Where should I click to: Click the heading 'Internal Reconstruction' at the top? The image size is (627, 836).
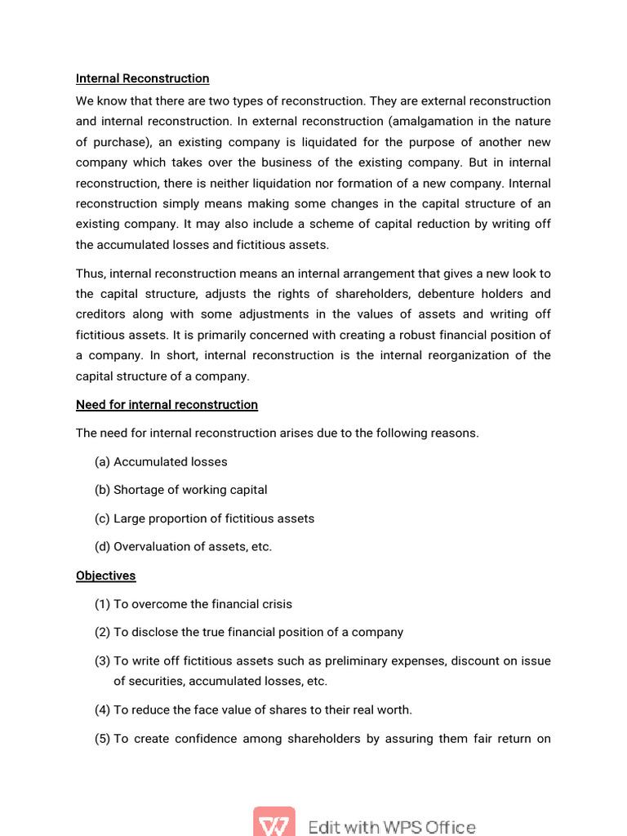pos(142,78)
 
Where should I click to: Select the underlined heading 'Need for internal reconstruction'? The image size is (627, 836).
pos(167,405)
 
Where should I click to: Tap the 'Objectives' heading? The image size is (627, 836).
pos(105,576)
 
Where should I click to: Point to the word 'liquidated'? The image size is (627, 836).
pos(305,142)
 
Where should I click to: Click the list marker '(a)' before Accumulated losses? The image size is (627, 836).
pos(102,462)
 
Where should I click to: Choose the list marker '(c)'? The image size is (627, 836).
pos(102,518)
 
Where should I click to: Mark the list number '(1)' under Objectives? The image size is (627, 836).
pos(102,604)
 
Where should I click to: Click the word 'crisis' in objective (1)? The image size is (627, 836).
pos(275,604)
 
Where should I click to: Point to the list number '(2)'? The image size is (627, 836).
pos(102,633)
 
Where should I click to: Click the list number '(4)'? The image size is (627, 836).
pos(102,710)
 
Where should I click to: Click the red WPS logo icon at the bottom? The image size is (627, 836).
pos(273,822)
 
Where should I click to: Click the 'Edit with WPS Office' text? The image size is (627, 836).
pos(392,827)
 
